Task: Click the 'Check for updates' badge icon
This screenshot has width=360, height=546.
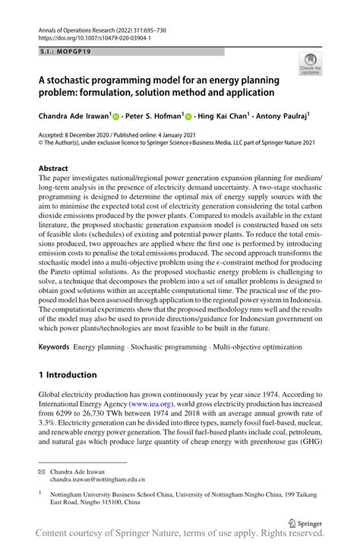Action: click(309, 65)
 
